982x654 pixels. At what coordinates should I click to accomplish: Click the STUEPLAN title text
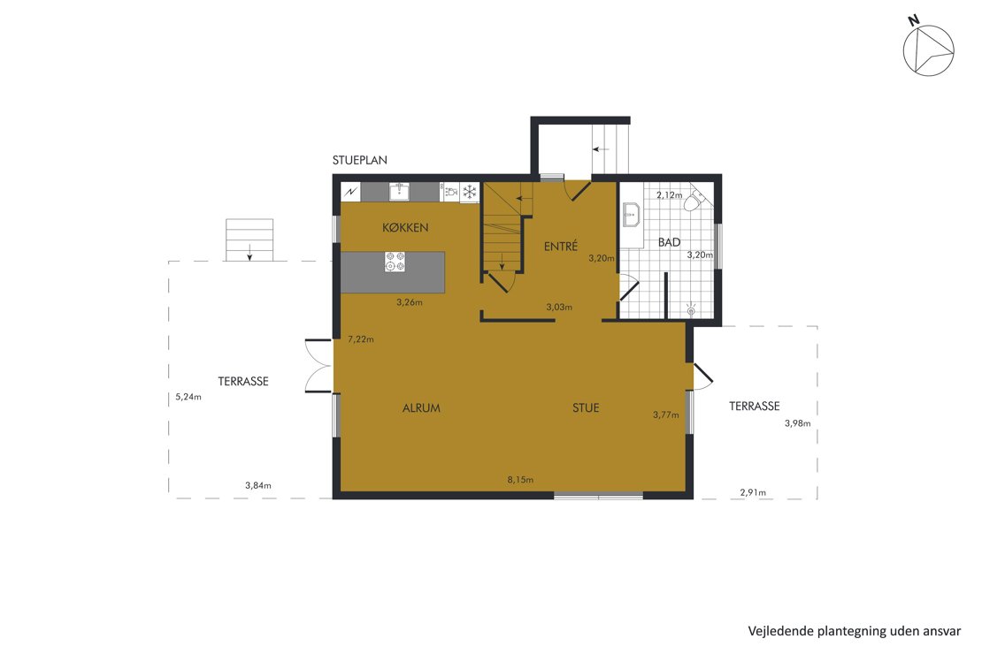coord(359,160)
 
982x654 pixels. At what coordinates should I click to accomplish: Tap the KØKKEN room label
coord(405,228)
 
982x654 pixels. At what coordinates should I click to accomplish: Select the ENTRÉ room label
coord(561,247)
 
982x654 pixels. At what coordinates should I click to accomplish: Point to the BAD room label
coord(669,242)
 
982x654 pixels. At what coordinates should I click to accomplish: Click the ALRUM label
coord(421,408)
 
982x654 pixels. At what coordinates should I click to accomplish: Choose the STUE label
coord(586,408)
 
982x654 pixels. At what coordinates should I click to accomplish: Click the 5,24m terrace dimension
coord(188,397)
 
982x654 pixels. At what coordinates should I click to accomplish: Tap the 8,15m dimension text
coord(520,480)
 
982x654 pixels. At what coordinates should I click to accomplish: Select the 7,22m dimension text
coord(361,339)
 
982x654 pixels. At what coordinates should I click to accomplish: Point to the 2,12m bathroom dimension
coord(669,195)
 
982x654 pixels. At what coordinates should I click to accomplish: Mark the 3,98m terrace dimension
coord(797,423)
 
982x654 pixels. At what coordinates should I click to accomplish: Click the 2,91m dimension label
coord(753,492)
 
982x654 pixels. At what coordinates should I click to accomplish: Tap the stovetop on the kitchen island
coord(395,262)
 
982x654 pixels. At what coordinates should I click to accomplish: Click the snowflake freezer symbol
coord(469,192)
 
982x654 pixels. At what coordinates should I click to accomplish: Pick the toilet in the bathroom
coord(694,200)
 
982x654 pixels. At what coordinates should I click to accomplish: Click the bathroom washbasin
coord(631,215)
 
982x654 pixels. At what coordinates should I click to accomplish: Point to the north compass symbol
coord(927,49)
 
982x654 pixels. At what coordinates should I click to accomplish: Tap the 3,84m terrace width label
coord(258,485)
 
